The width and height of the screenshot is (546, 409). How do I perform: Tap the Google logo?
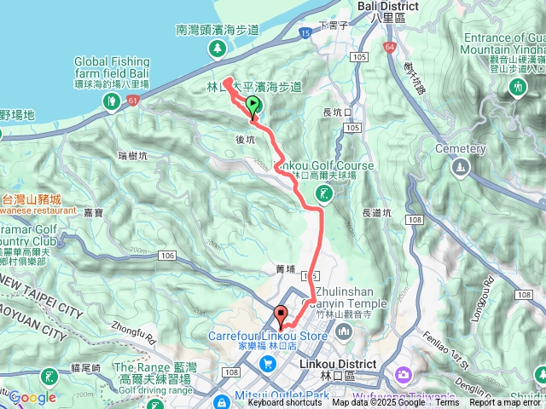32,398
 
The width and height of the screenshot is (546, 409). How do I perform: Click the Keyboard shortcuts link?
285,403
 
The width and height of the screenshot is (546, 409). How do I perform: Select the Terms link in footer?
447,403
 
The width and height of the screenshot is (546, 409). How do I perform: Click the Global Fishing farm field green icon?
112,101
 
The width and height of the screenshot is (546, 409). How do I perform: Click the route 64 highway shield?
390,47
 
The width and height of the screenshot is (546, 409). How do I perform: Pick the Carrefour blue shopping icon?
269,363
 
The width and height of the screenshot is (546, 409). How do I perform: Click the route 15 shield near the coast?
305,32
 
